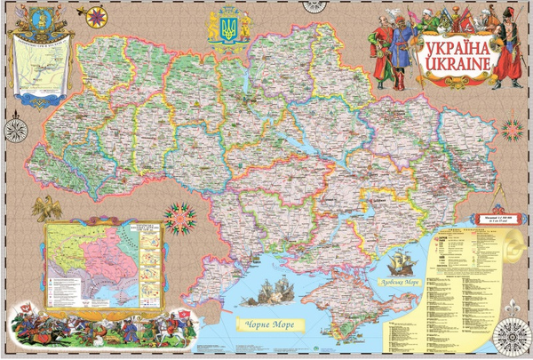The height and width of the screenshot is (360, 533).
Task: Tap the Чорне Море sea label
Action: click(x=270, y=325)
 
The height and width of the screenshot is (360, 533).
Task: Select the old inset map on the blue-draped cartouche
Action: click(x=39, y=67)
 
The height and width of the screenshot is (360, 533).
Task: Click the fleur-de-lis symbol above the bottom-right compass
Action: click(x=513, y=307)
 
